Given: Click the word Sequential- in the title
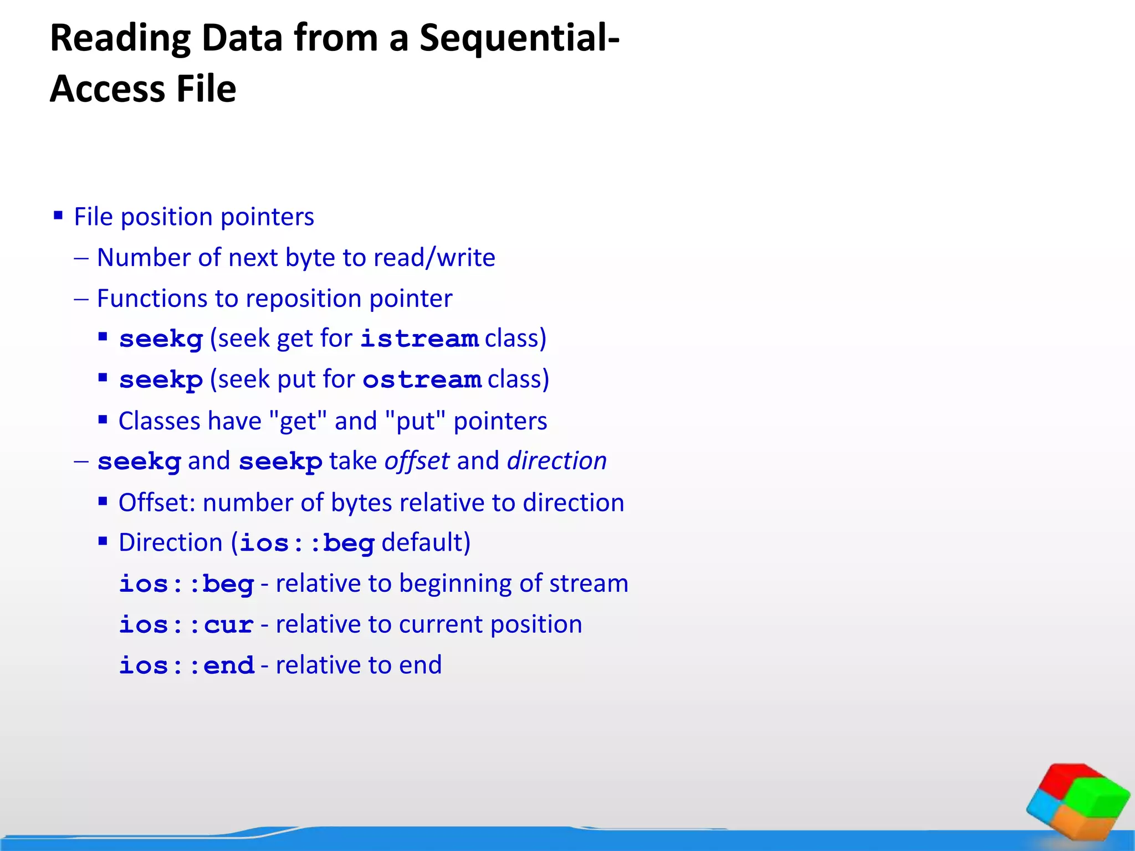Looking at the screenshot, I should point(519,39).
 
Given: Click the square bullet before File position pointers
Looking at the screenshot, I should point(58,216).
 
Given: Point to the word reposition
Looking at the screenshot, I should point(304,299).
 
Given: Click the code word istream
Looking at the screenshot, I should point(420,339).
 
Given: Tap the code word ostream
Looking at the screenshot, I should point(422,380).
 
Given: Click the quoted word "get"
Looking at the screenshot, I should point(298,421).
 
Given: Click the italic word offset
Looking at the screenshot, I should point(417,461).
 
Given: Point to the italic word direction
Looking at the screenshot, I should point(557,461).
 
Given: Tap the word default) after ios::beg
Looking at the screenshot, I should point(426,543).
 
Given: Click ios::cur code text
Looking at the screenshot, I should point(187,625).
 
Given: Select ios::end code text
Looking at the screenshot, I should point(187,665).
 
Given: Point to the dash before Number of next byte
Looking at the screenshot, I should point(81,258).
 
